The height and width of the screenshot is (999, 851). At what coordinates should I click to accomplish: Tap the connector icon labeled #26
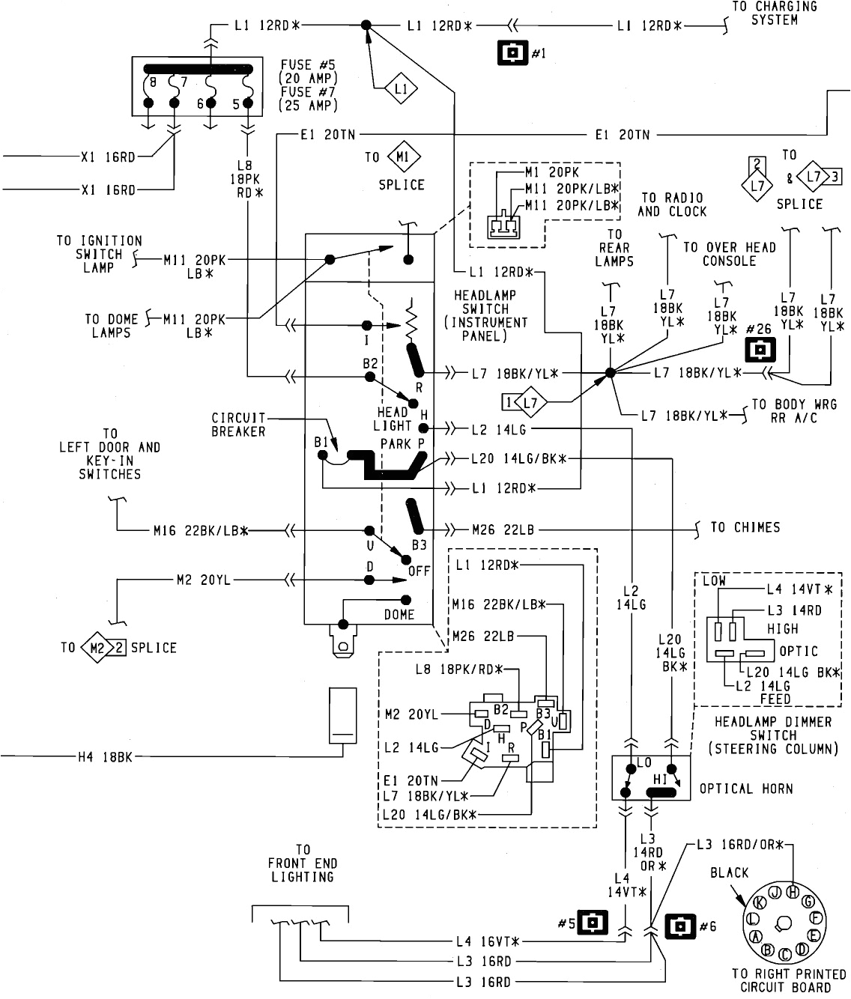click(760, 350)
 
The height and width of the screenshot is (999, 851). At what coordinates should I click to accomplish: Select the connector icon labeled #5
click(593, 923)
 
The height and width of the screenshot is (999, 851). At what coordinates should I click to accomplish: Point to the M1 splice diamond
click(404, 157)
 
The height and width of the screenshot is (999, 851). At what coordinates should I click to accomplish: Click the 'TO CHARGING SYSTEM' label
click(775, 13)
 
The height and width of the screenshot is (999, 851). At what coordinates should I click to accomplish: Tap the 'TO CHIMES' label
click(745, 527)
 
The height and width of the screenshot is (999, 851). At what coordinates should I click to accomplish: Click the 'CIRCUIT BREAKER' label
click(238, 425)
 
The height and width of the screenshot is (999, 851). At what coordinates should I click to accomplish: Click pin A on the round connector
click(756, 936)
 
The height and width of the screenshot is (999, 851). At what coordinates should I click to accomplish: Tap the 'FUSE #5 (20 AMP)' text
click(308, 71)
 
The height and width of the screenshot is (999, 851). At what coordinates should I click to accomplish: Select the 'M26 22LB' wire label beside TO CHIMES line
click(503, 529)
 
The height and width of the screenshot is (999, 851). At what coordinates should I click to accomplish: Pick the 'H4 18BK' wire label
click(105, 757)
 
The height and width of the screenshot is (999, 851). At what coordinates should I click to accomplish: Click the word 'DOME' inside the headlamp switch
click(399, 614)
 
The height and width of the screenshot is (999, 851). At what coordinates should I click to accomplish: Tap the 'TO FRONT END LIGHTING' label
click(303, 863)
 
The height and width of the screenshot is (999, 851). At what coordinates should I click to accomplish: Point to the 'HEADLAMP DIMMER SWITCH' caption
click(772, 735)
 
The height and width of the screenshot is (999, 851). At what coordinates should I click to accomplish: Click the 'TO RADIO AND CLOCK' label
click(672, 204)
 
